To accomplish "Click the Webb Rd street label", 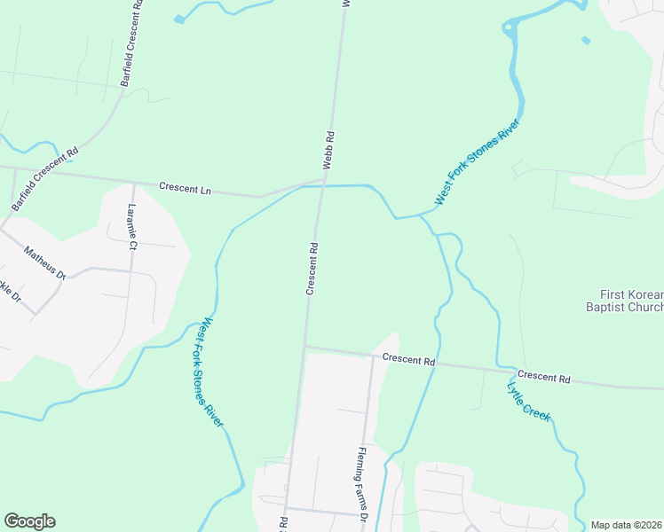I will click(x=328, y=151).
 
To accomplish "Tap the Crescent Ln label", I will click(x=186, y=188).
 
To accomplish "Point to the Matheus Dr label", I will click(x=45, y=263).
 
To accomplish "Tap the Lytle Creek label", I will click(x=529, y=400).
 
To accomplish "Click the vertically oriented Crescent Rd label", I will click(x=312, y=267).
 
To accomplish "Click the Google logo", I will click(x=29, y=521).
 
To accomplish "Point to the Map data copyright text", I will click(x=627, y=525).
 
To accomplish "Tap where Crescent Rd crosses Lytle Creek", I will click(x=499, y=368).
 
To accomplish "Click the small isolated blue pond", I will click(x=586, y=40).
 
